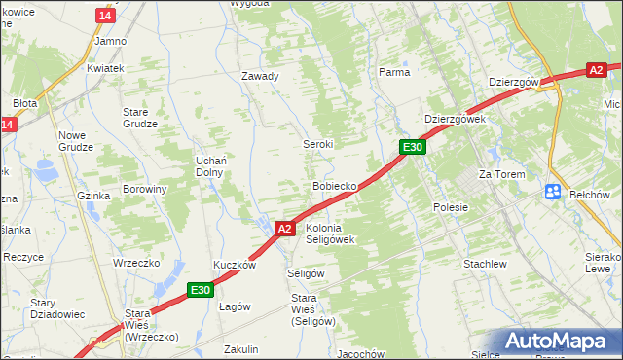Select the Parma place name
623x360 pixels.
coord(394,72)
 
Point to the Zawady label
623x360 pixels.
coord(260,76)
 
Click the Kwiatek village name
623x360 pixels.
coord(105,69)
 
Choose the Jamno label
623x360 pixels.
coord(110,42)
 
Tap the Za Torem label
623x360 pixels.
coord(501,174)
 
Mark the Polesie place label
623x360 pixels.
coord(451,207)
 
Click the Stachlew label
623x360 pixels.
coord(485,264)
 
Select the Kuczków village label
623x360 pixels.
coord(235,265)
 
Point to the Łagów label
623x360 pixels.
coord(235,306)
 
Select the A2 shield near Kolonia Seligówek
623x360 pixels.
coord(284,229)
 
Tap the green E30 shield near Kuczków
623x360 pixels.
coord(201,289)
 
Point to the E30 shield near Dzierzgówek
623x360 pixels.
coord(413,147)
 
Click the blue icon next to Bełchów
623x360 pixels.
coord(552,193)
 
